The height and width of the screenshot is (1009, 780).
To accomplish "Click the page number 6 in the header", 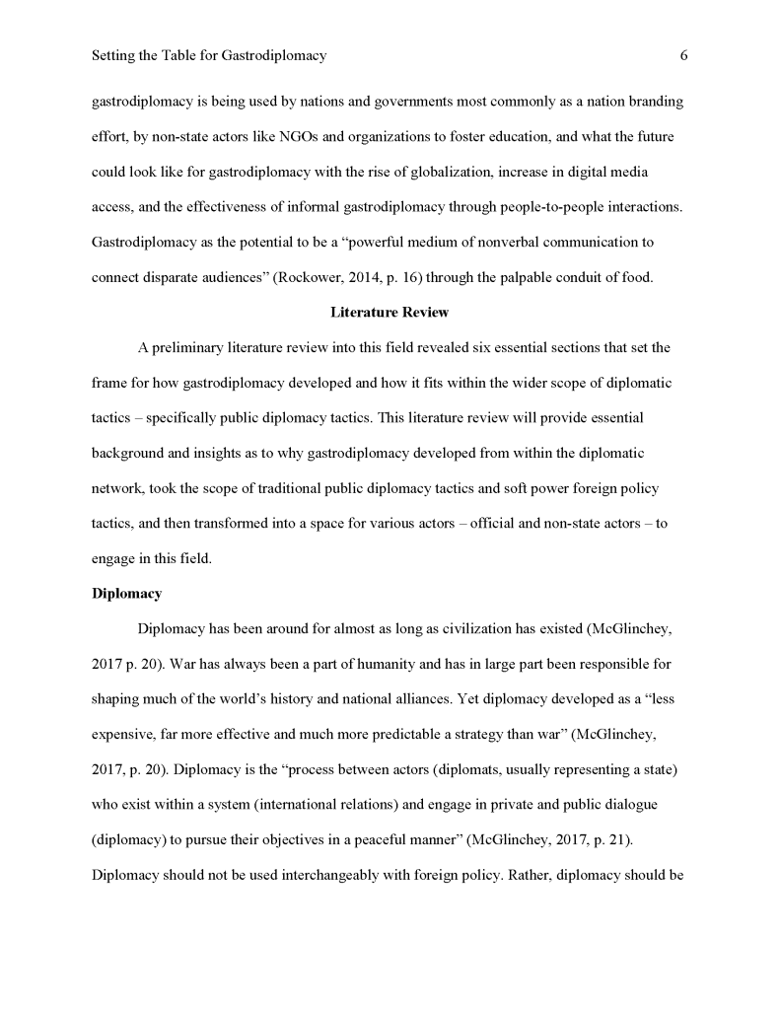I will pyautogui.click(x=683, y=56).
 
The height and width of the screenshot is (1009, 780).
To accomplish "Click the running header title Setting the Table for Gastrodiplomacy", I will pyautogui.click(x=208, y=56).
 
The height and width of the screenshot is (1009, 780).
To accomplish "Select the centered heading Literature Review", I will pyautogui.click(x=390, y=313).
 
